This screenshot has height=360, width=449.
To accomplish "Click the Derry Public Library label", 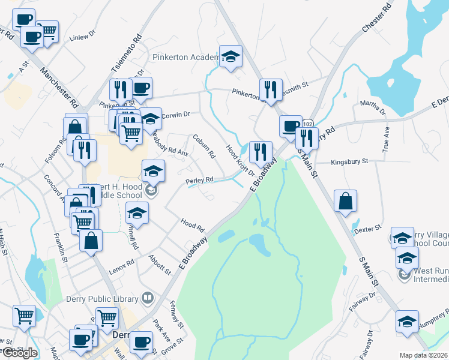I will point(107,298).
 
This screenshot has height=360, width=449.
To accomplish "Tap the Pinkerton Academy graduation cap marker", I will point(230,57).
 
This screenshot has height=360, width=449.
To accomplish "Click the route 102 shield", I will point(308,123).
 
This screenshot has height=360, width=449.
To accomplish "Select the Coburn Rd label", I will point(203,145).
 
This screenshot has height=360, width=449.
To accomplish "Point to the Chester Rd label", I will point(377,16).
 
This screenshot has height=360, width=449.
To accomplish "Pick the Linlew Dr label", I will point(83,37).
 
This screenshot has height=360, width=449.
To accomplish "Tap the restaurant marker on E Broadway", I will point(261,152).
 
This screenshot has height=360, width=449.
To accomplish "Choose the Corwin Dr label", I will point(176,113).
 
